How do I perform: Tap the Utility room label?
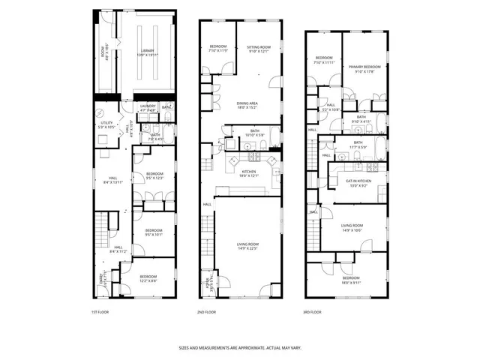point(106,124)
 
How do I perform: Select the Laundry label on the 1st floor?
point(148,107)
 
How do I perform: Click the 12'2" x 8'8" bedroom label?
point(148,278)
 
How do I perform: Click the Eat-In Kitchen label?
point(358,183)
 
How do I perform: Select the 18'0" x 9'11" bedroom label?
point(351,280)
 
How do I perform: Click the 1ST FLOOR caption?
point(100,311)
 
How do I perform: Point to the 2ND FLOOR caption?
point(206,311)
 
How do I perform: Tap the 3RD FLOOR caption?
point(313,311)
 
